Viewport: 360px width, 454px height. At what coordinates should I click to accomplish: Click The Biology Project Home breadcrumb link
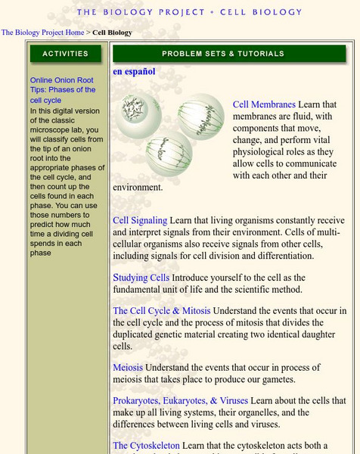(x=42, y=33)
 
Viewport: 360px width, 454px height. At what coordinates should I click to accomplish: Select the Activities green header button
(x=66, y=54)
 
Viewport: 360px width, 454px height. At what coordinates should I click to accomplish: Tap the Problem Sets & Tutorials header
(x=229, y=54)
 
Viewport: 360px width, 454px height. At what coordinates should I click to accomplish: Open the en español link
(x=134, y=72)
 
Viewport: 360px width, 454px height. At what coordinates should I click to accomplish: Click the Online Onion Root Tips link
(x=63, y=90)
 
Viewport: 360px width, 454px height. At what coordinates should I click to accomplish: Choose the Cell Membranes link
(x=264, y=104)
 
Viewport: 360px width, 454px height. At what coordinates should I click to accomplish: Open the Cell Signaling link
(x=140, y=220)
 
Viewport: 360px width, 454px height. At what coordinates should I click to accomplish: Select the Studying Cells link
(x=141, y=278)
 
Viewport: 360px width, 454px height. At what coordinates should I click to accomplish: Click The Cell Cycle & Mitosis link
(x=162, y=311)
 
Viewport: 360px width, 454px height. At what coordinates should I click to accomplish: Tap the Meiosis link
(x=128, y=368)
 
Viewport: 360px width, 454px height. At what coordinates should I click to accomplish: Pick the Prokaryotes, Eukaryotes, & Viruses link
(x=180, y=400)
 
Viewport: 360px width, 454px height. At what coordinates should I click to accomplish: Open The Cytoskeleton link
(x=146, y=446)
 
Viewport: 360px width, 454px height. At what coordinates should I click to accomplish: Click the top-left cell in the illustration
(x=138, y=115)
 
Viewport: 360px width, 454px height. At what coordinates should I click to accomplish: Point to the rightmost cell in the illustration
(x=201, y=117)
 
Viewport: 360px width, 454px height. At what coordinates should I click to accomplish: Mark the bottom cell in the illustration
(x=169, y=154)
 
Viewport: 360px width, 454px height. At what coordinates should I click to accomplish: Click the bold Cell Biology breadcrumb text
(x=112, y=33)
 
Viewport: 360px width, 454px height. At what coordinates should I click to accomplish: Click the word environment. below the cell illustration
(x=138, y=188)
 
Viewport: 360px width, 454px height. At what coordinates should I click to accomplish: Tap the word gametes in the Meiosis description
(x=278, y=379)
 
